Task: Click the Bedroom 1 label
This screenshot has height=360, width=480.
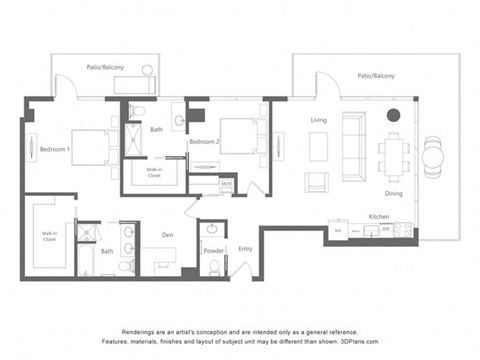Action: [x=54, y=150]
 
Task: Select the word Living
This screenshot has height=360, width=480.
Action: [x=319, y=120]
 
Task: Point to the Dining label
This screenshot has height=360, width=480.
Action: [x=394, y=193]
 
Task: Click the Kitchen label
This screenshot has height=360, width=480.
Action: [x=379, y=216]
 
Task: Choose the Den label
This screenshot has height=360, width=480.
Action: [x=168, y=236]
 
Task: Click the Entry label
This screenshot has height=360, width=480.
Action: [x=245, y=250]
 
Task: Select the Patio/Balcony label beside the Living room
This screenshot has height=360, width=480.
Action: [x=376, y=76]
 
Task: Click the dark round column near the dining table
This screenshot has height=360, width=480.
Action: [x=393, y=114]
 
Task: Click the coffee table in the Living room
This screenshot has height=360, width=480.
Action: [x=318, y=145]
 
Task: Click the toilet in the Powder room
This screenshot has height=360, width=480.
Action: [x=211, y=229]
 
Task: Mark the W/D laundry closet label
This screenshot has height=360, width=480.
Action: [x=227, y=184]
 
